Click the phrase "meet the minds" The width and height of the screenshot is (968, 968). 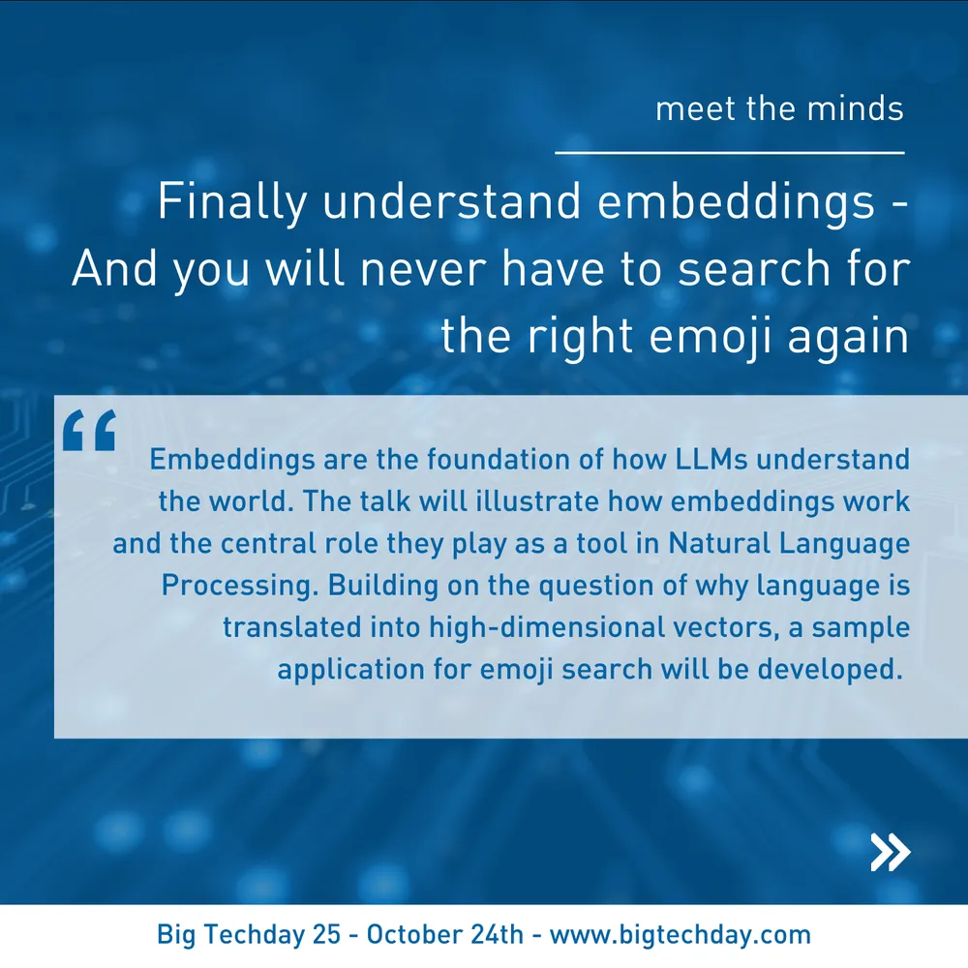pos(779,108)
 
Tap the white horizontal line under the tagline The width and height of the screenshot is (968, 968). pos(730,152)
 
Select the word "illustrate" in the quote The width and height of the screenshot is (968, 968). pos(537,501)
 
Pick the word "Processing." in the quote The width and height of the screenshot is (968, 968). pos(239,586)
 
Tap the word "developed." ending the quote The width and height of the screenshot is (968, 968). pos(830,670)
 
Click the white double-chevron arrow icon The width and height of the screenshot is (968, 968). pos(891,852)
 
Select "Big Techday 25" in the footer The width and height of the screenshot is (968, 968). pos(249,935)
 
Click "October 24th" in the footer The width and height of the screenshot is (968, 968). pos(444,934)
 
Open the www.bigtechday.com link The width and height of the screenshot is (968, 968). pos(681,935)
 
